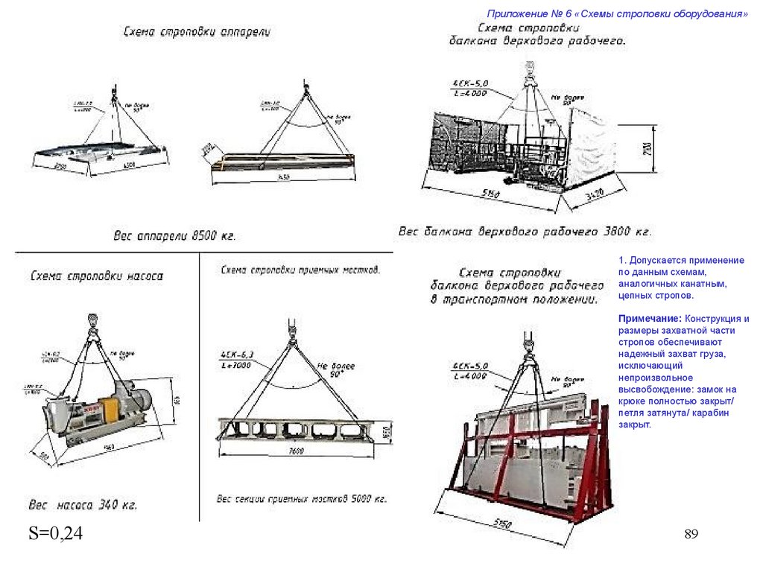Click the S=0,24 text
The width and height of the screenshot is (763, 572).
(x=55, y=533)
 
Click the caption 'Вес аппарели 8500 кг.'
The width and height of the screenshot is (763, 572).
(x=174, y=236)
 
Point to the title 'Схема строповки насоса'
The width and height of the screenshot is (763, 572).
(x=97, y=276)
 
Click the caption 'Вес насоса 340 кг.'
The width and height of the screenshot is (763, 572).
(x=83, y=506)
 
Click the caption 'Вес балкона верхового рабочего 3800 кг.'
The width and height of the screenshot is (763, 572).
(x=525, y=232)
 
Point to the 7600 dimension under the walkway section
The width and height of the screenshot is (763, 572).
(x=299, y=451)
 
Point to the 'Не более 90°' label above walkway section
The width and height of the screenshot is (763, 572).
(x=335, y=369)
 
